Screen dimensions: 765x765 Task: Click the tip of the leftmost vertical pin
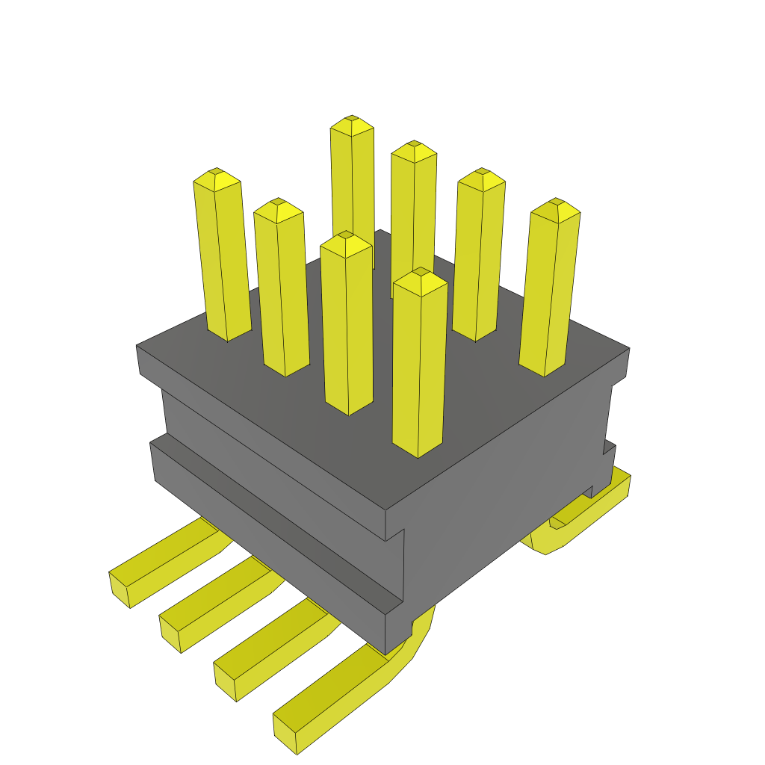click(x=217, y=176)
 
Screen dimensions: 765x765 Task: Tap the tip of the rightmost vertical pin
click(x=556, y=206)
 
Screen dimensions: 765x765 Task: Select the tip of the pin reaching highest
click(x=352, y=123)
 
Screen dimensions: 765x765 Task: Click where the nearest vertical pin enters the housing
click(x=418, y=448)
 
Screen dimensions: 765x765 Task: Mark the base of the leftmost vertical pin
click(x=228, y=333)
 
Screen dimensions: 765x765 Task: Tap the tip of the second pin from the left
click(x=278, y=206)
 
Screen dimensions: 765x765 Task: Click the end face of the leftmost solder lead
click(x=120, y=589)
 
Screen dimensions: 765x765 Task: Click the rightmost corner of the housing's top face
click(x=628, y=349)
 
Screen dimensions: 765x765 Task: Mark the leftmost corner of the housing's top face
click(x=137, y=346)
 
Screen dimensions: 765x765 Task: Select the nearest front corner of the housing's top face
click(x=385, y=511)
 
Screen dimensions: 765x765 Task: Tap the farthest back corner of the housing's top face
click(x=380, y=230)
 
